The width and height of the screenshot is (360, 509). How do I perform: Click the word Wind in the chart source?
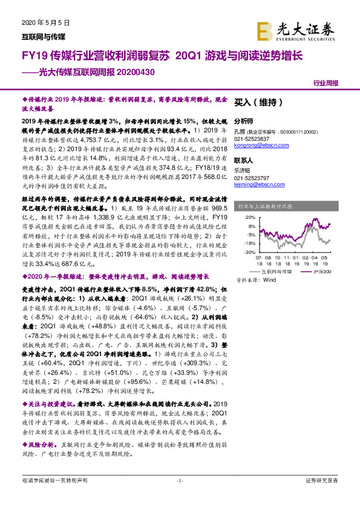pyautogui.click(x=270, y=280)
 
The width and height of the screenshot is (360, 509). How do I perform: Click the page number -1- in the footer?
pyautogui.click(x=180, y=498)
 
